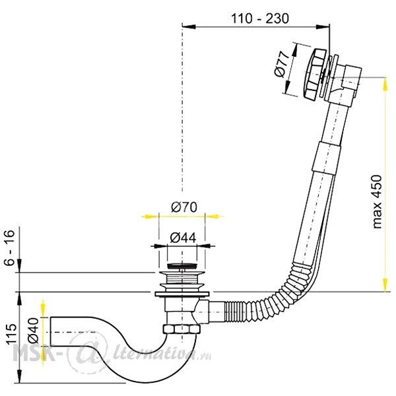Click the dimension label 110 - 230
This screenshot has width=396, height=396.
point(260,18)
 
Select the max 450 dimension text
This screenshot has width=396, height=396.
point(377,201)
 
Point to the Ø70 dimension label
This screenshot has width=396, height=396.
point(183,207)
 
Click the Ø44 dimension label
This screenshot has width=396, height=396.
point(183,238)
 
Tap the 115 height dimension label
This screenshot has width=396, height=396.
point(11,334)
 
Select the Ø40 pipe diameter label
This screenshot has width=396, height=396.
point(34,331)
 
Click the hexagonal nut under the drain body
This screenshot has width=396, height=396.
point(181,329)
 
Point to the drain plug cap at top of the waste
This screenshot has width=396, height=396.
point(182,266)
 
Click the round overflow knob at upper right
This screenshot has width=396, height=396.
point(313,75)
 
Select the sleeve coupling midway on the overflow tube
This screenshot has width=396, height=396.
point(327,158)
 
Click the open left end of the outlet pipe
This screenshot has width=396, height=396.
point(51,331)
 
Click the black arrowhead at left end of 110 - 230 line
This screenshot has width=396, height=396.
point(189,26)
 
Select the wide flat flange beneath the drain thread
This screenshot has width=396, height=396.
point(182,294)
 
